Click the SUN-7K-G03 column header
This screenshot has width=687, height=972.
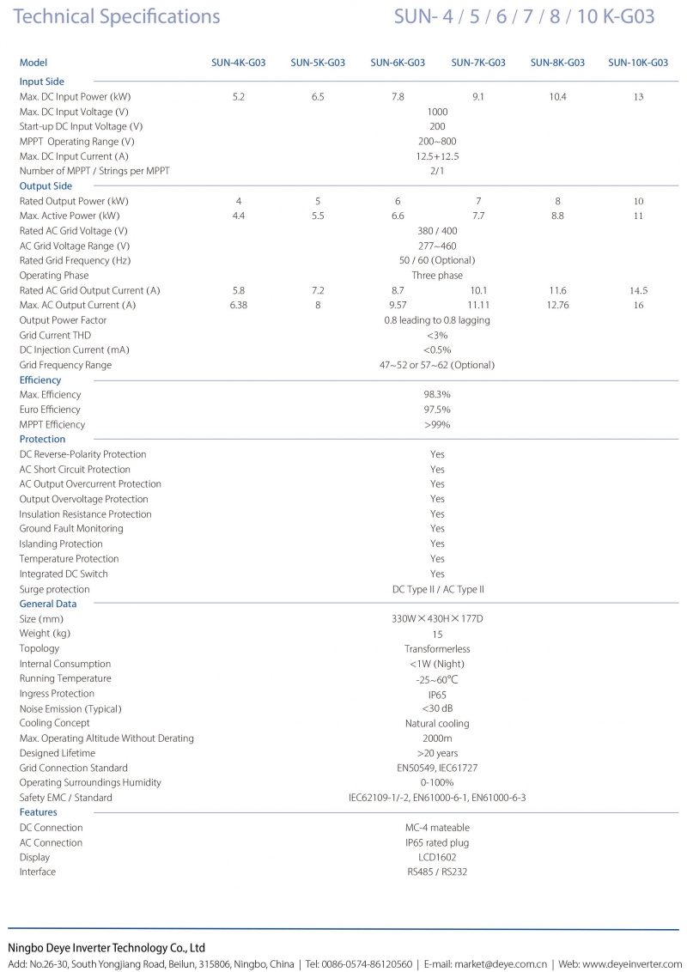pyautogui.click(x=478, y=63)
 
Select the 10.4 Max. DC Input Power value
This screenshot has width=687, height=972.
pyautogui.click(x=557, y=97)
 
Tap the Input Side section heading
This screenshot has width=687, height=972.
pyautogui.click(x=42, y=82)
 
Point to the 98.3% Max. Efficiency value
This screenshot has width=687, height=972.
pyautogui.click(x=437, y=395)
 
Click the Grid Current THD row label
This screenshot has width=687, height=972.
pyautogui.click(x=55, y=335)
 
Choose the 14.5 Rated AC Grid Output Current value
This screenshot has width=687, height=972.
pyautogui.click(x=638, y=290)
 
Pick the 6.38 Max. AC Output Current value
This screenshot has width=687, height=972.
pyautogui.click(x=239, y=305)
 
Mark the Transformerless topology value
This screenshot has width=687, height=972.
pyautogui.click(x=437, y=649)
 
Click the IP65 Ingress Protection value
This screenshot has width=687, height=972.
pyautogui.click(x=437, y=694)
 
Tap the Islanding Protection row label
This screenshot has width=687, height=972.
pyautogui.click(x=61, y=544)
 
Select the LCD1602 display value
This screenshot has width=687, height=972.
pyautogui.click(x=437, y=857)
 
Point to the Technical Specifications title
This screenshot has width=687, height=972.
pyautogui.click(x=117, y=17)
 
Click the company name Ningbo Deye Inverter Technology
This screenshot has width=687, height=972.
pyautogui.click(x=106, y=948)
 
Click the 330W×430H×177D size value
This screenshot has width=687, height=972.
pyautogui.click(x=437, y=619)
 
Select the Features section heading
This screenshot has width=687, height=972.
pyautogui.click(x=39, y=812)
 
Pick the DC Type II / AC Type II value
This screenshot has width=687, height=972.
pyautogui.click(x=437, y=590)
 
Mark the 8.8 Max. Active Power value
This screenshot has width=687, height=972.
pyautogui.click(x=557, y=216)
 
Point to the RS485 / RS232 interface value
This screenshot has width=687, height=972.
pyautogui.click(x=437, y=872)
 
